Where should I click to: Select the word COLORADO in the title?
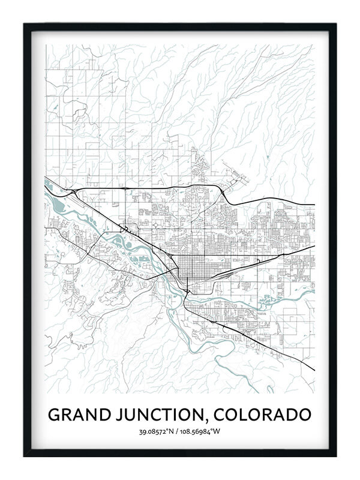click(262, 415)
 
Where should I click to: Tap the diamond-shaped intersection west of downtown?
click(157, 224)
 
